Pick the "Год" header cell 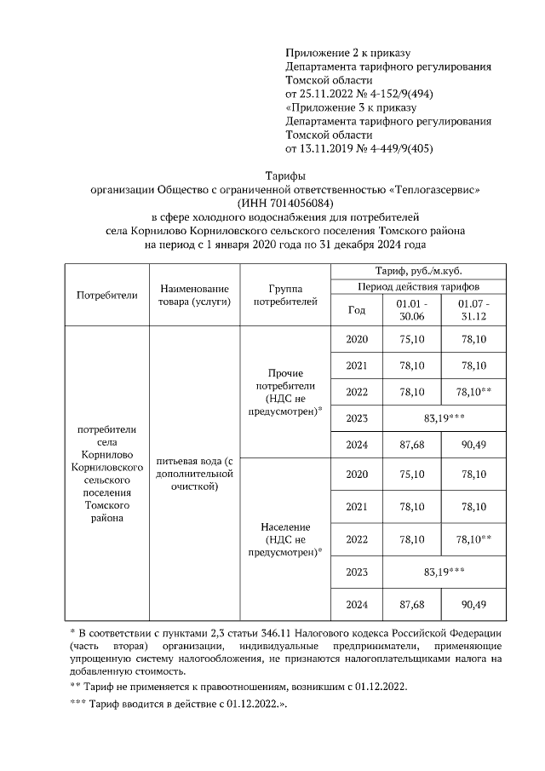[x=357, y=309]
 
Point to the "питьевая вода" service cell [x=194, y=474]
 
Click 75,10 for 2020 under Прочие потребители [x=412, y=339]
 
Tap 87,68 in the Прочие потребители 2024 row [x=412, y=445]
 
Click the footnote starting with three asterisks [x=179, y=705]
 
